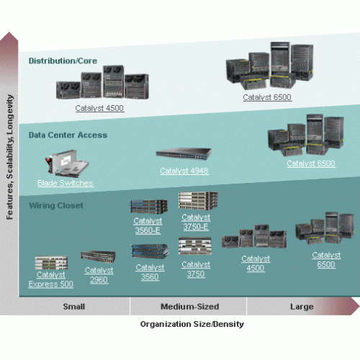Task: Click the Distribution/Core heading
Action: click(63, 61)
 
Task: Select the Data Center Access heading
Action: click(68, 135)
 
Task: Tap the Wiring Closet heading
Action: click(56, 206)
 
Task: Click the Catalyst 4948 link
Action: click(184, 171)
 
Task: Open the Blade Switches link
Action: click(66, 183)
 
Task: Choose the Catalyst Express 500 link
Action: click(51, 279)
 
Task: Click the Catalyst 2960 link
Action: click(99, 275)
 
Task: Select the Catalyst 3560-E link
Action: click(148, 225)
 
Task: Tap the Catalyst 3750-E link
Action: click(196, 222)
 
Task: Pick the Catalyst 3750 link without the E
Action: click(196, 269)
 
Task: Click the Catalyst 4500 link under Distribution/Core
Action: click(99, 108)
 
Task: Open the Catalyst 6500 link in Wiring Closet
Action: click(326, 260)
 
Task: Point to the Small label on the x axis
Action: click(74, 307)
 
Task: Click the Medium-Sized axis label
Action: click(190, 307)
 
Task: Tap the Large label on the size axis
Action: click(302, 307)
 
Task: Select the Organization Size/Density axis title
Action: click(192, 324)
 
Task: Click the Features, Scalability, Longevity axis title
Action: click(10, 157)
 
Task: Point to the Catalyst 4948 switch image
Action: click(184, 154)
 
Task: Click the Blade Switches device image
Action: click(67, 163)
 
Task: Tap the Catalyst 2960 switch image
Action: click(98, 257)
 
